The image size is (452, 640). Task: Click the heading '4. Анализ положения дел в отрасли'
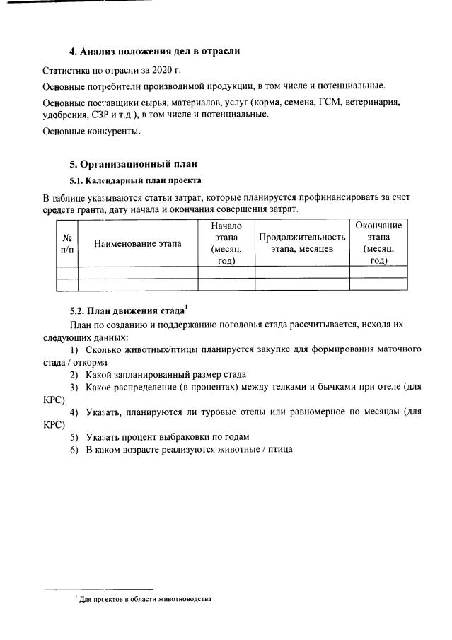tap(154, 51)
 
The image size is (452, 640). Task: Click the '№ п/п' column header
tap(67, 243)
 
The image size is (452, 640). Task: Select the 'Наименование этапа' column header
tap(137, 243)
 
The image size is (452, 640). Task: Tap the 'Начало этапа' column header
tap(226, 243)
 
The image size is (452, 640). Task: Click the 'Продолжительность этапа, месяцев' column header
tap(302, 243)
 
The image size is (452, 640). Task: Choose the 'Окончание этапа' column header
tap(378, 243)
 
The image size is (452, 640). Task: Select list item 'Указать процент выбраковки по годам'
tap(167, 436)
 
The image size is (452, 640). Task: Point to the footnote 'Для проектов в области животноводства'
tap(145, 599)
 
